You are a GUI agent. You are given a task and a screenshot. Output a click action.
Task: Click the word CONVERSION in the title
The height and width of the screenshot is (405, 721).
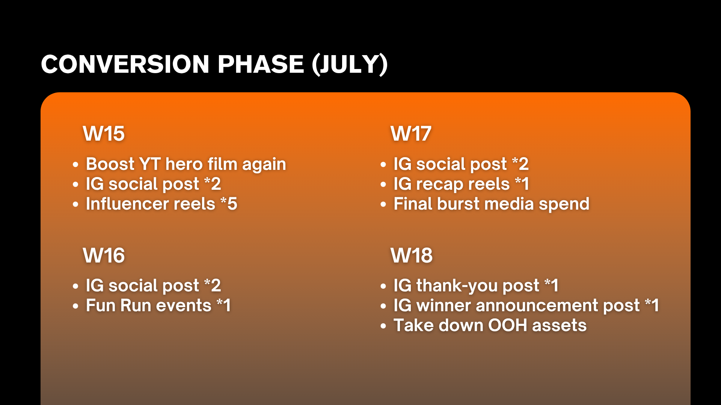(125, 64)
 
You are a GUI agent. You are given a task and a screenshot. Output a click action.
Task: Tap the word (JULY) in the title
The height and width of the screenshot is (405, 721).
(350, 64)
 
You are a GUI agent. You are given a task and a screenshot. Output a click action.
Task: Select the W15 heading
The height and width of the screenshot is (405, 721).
(104, 133)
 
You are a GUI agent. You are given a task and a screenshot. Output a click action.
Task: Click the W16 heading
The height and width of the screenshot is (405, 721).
(104, 255)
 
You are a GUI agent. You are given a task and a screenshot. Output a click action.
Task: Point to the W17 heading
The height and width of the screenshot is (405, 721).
(411, 133)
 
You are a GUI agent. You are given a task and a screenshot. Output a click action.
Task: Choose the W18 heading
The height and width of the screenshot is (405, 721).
(412, 255)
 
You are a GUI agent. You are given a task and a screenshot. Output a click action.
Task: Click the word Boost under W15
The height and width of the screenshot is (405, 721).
(110, 164)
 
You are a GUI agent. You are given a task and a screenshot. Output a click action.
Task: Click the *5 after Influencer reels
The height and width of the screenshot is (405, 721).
(229, 204)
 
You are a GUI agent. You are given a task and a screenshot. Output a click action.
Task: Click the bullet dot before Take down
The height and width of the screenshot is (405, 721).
(383, 325)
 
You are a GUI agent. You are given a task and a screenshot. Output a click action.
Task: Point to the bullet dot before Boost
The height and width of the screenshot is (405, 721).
(76, 164)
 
